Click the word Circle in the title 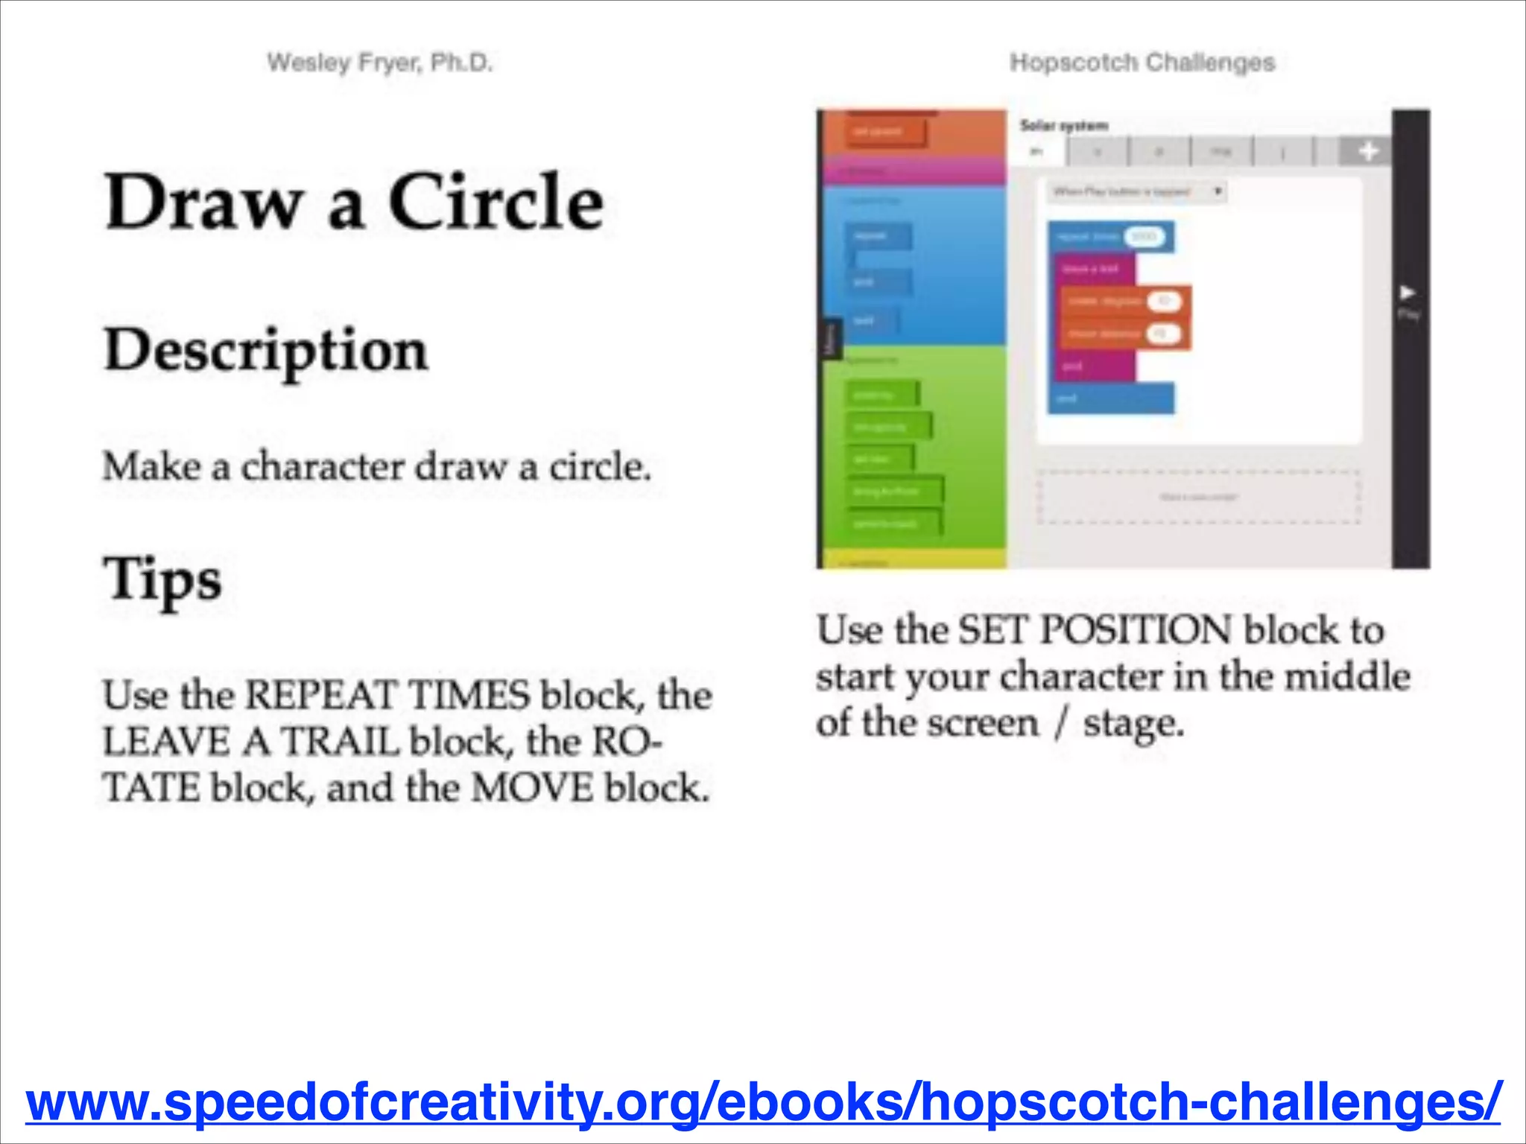(496, 202)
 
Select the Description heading (266, 350)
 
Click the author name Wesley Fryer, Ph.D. (380, 63)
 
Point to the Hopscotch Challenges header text (1142, 63)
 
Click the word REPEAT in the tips (322, 695)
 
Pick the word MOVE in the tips (532, 788)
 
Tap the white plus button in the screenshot (1367, 152)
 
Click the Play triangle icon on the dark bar (1408, 292)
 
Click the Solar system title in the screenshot (1064, 125)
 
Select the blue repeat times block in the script (1088, 238)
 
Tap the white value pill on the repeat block (1144, 238)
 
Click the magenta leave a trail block (1092, 269)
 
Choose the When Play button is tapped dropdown (1136, 192)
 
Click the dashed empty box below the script (1198, 497)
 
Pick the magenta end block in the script (1092, 366)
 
